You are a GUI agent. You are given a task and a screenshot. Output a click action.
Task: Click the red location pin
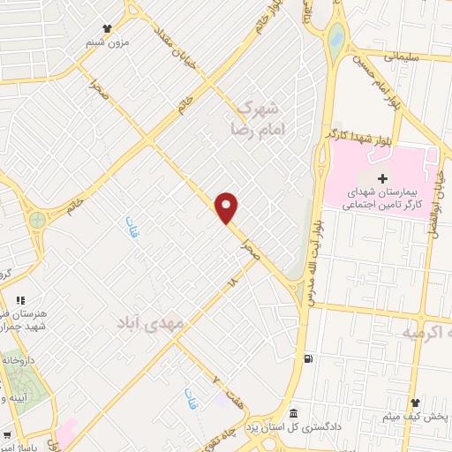[227, 207]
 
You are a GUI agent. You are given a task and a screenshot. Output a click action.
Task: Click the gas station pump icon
[306, 358]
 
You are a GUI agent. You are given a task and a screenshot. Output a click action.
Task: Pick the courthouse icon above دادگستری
[294, 414]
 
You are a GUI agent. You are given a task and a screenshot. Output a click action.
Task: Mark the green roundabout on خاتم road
[36, 219]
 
